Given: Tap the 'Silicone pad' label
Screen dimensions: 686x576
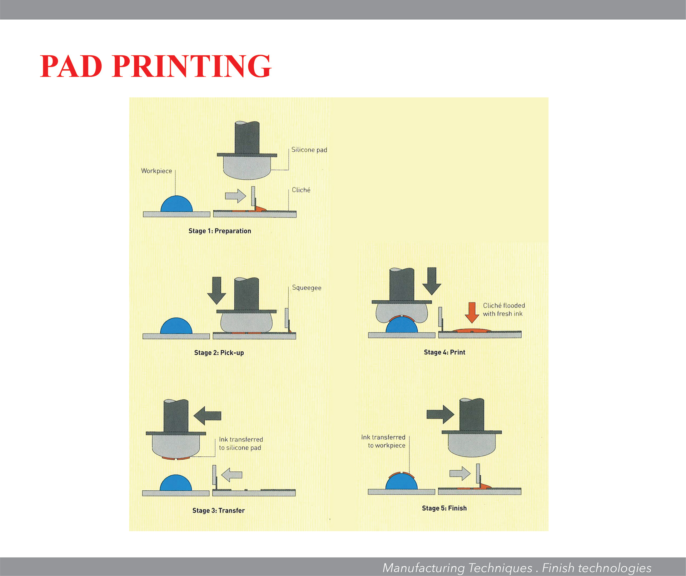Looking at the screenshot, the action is tap(309, 150).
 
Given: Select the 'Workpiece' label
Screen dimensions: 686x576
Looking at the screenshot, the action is tap(156, 171).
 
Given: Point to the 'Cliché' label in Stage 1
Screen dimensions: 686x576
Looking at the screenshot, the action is tap(301, 190).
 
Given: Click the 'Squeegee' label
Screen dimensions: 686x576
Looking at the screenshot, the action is tap(307, 288).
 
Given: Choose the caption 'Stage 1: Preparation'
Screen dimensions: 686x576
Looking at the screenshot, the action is tap(220, 231).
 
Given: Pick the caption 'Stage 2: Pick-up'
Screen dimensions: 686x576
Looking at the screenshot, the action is tap(219, 353).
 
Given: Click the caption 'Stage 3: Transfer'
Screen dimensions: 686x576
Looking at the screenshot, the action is tap(218, 511).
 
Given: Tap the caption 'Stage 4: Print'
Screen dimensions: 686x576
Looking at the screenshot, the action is tap(444, 352).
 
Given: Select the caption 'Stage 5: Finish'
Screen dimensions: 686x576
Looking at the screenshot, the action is tap(444, 508).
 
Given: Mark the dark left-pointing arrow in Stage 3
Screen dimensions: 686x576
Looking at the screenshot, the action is tap(207, 415).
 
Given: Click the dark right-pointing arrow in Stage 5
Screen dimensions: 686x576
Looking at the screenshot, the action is tap(441, 414).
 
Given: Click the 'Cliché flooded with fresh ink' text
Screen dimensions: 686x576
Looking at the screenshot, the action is tap(503, 310).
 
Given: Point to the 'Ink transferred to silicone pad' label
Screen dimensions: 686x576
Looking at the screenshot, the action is tap(240, 444).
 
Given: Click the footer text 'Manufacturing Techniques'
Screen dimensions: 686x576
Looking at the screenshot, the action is tap(457, 568).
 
